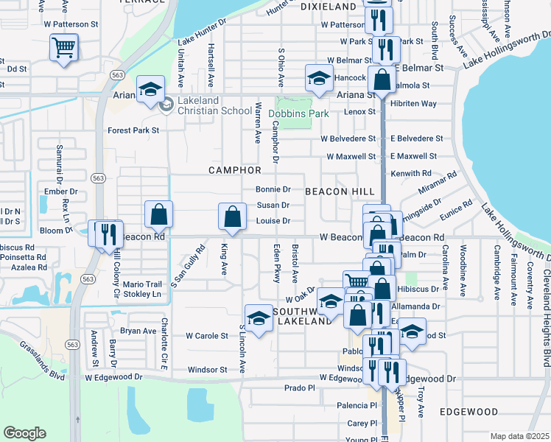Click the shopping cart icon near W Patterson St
pos(64,49)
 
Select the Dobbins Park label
pos(298,114)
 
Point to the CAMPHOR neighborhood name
pos(235,170)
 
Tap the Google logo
pos(25,433)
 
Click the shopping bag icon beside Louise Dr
pos(232,217)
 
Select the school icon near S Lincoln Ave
pos(259,318)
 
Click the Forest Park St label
pos(133,130)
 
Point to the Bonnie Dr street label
pos(273,189)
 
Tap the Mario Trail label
pos(141,284)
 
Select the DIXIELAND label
pos(328,7)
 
